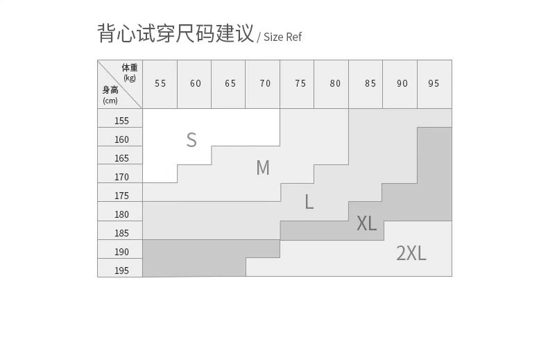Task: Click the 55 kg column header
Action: coord(160,83)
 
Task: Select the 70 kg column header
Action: coord(265,83)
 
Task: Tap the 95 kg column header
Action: coord(434,83)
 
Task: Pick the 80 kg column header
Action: coord(335,83)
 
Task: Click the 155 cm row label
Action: coord(121,121)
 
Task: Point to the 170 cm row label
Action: coord(121,177)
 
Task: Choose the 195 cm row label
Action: coord(121,271)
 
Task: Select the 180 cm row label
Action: coord(121,214)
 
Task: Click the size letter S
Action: coord(191,140)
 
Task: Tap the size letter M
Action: coord(263,168)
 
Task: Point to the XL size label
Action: coord(367,223)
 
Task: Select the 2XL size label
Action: coord(411,253)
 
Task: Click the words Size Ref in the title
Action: coord(282,37)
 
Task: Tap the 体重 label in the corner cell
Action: coord(130,67)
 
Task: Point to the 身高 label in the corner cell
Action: coord(110,90)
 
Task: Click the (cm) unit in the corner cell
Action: coord(110,101)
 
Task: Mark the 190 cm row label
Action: coord(121,252)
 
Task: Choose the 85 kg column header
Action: coord(370,83)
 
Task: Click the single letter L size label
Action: coord(309,202)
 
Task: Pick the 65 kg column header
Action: coord(230,83)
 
